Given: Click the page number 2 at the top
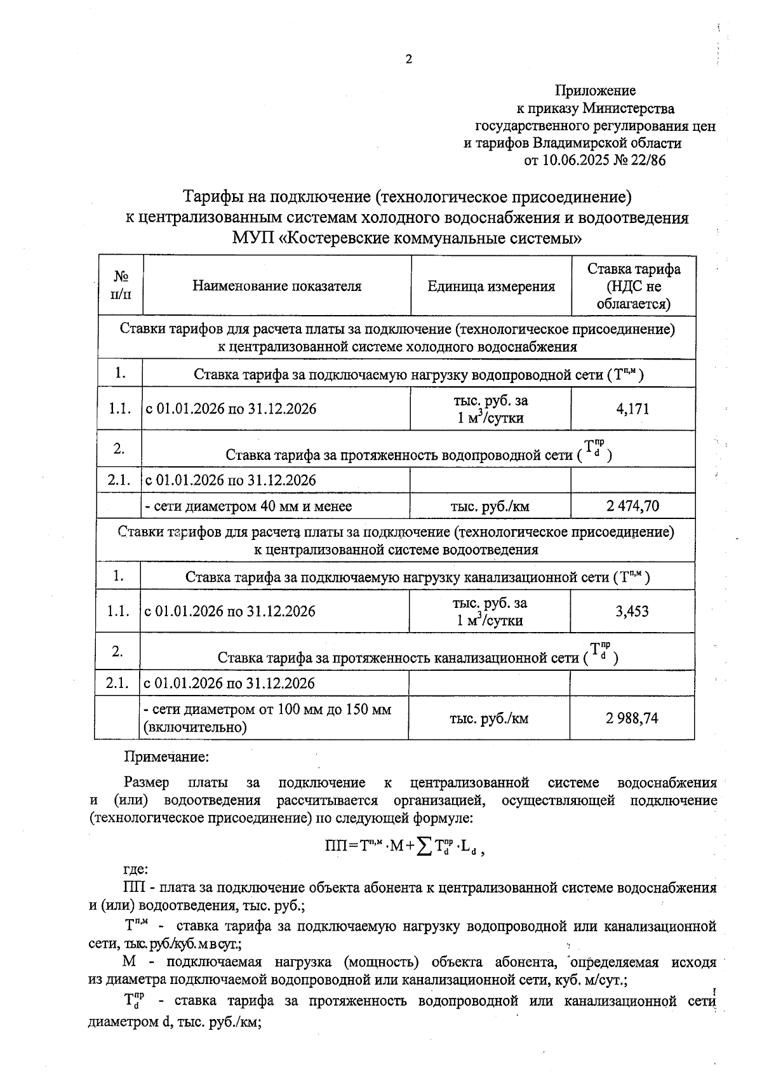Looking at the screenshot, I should pyautogui.click(x=408, y=60).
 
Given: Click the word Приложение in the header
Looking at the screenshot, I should pyautogui.click(x=595, y=91).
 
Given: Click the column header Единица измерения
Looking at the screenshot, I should pyautogui.click(x=491, y=286).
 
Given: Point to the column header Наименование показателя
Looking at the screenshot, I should pyautogui.click(x=277, y=286).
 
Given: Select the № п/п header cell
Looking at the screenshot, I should pyautogui.click(x=121, y=286).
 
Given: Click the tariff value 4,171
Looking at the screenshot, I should pyautogui.click(x=632, y=409).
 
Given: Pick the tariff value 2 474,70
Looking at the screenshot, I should pyautogui.click(x=632, y=506).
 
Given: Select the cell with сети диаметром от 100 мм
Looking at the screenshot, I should pyautogui.click(x=268, y=718).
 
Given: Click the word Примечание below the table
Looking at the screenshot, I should pyautogui.click(x=166, y=757).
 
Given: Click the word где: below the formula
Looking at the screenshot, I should pyautogui.click(x=136, y=870).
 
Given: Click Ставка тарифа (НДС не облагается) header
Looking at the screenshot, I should pyautogui.click(x=633, y=286).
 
